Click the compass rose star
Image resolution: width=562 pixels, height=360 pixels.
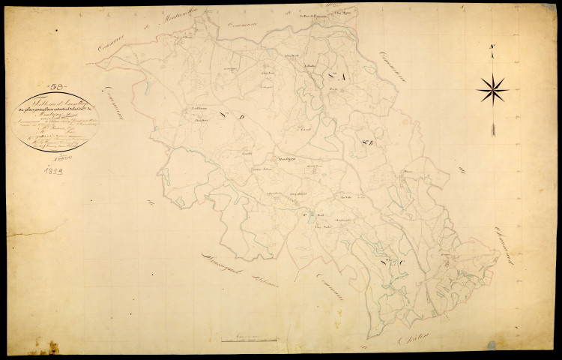click(492, 91)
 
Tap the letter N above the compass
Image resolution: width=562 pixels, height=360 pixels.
click(492, 51)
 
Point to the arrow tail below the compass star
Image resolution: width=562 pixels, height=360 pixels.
click(492, 129)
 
